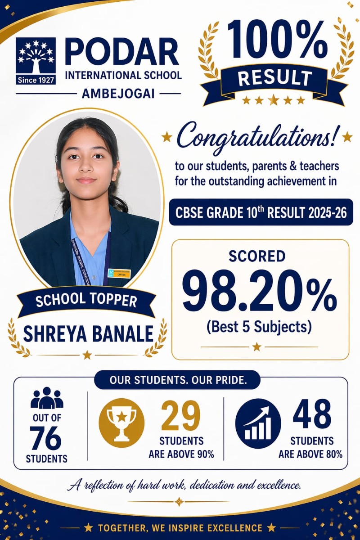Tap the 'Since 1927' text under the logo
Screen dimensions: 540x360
point(36,80)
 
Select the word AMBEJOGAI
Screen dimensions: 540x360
point(118,94)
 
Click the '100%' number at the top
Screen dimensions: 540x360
point(277,42)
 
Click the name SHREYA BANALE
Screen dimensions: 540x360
point(88,333)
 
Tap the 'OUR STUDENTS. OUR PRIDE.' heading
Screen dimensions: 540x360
point(177,380)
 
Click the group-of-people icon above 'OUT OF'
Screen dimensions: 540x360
point(46,398)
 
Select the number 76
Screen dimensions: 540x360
point(46,438)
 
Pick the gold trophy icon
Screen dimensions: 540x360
point(121,423)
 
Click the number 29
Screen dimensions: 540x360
point(180,416)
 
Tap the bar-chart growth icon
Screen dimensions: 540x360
point(258,423)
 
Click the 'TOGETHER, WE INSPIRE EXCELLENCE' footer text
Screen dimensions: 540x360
point(180,528)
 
